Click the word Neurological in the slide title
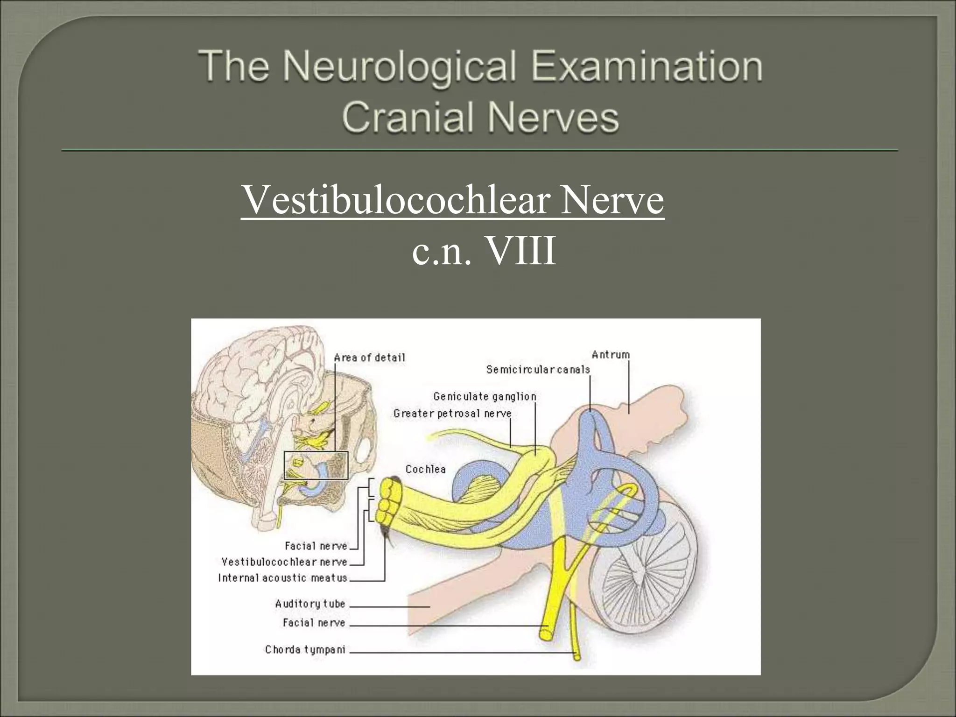(400, 66)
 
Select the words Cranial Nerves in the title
(480, 117)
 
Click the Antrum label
(611, 355)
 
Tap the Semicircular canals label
(538, 370)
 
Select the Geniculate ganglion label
(485, 397)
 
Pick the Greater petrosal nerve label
(452, 414)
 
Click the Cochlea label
(425, 469)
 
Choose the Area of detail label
(369, 358)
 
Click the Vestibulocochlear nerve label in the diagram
(284, 562)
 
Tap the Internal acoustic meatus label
(282, 578)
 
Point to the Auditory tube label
(310, 604)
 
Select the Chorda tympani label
(305, 649)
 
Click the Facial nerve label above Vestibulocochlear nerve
(316, 546)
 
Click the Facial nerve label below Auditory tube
(314, 623)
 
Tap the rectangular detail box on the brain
(316, 465)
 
